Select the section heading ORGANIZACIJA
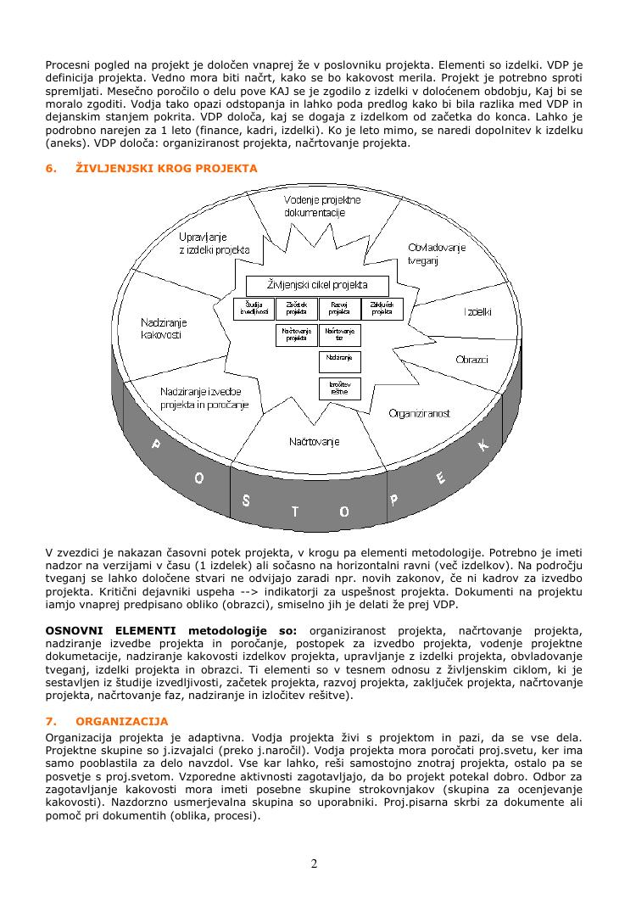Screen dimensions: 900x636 tap(121, 722)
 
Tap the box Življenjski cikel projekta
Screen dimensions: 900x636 tap(317, 285)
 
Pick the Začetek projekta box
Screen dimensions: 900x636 tap(296, 309)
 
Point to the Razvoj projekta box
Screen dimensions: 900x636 tap(339, 309)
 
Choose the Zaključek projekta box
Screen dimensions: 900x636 tap(382, 309)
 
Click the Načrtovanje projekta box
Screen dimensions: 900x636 tap(296, 335)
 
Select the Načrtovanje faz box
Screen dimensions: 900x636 tap(339, 335)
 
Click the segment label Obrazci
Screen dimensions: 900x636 tap(471, 360)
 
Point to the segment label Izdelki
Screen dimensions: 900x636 tap(478, 312)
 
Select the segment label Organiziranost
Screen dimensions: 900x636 tap(419, 413)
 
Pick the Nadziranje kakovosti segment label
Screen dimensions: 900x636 tap(164, 328)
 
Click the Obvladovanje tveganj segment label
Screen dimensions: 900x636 tap(437, 254)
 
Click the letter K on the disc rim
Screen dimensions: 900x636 tap(483, 444)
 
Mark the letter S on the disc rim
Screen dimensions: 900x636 tap(246, 500)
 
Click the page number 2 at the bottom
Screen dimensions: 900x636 tap(315, 864)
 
